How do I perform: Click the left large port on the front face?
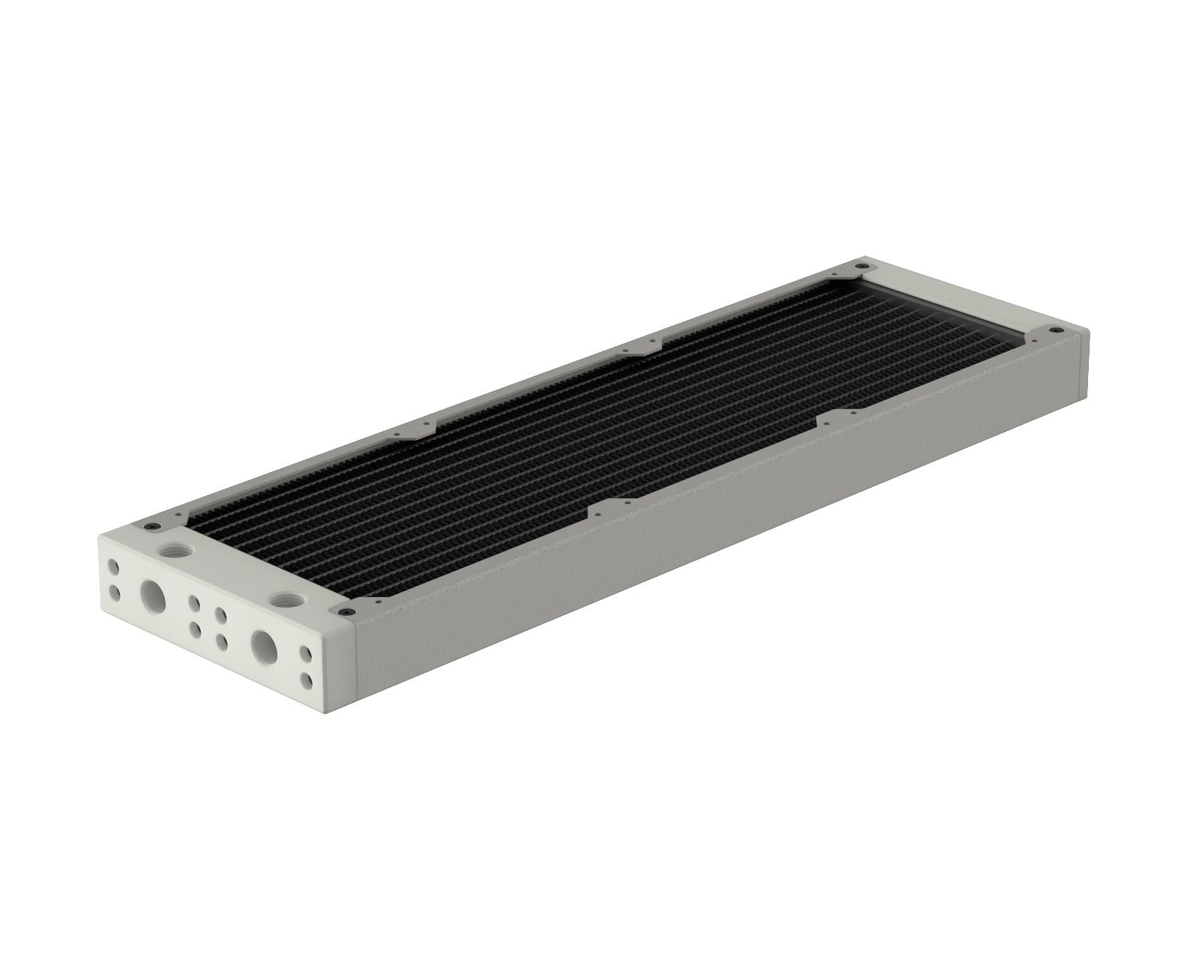coord(154,596)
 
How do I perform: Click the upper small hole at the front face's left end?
coord(112,564)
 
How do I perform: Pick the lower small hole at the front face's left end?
coord(114,593)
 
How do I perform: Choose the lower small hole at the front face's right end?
coord(307,681)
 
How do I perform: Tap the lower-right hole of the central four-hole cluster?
coord(223,641)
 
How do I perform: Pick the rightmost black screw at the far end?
coord(1056,330)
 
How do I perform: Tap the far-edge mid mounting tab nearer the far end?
coord(643,344)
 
